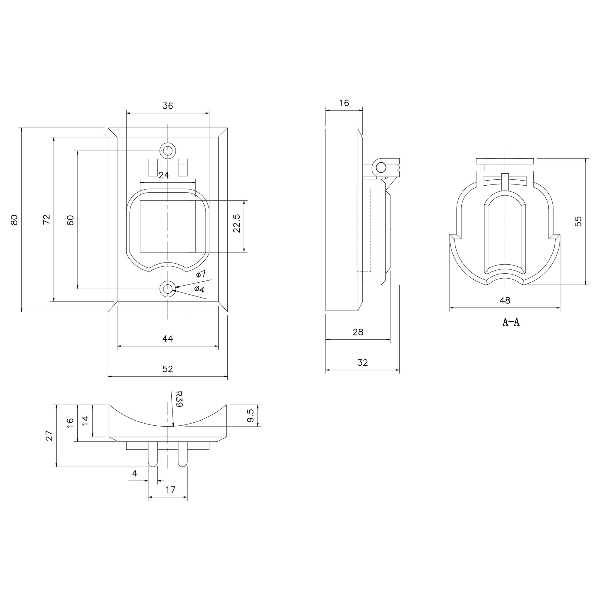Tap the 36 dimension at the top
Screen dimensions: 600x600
coord(168,106)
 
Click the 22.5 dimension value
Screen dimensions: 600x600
coord(237,223)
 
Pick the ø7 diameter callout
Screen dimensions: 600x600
coord(201,274)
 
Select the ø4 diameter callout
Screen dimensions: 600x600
coord(199,289)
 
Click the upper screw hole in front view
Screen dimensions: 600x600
coord(168,151)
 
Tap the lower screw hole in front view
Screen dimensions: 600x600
coord(168,289)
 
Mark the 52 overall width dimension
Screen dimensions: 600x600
coord(168,369)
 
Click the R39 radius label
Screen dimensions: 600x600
coord(179,399)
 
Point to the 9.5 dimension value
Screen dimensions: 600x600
coord(250,415)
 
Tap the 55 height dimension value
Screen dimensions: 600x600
coord(578,221)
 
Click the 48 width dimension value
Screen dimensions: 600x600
coord(505,300)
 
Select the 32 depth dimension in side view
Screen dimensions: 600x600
coord(362,362)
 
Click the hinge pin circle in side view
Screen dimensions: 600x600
coord(380,168)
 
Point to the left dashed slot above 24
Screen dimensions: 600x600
coord(152,167)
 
